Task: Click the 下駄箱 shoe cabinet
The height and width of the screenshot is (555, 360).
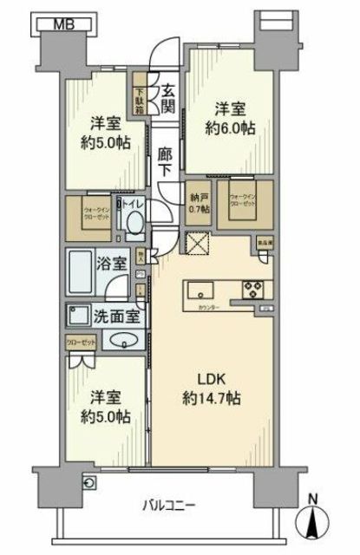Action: click(139, 96)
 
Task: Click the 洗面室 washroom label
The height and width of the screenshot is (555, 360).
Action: click(109, 317)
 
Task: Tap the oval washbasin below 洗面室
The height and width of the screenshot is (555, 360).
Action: click(128, 342)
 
